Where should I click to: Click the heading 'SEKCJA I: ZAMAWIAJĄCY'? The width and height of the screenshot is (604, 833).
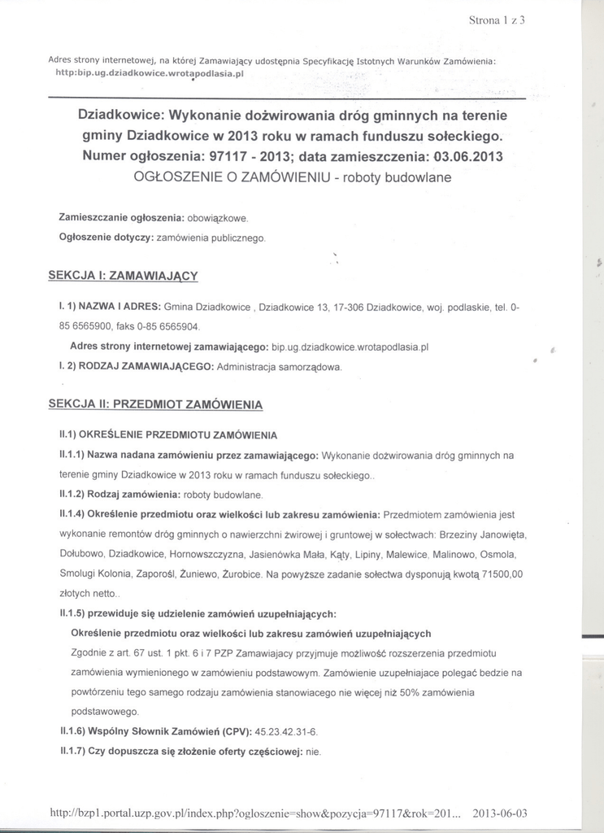(x=124, y=276)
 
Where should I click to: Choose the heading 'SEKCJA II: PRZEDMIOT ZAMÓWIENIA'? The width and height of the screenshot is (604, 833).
(x=155, y=403)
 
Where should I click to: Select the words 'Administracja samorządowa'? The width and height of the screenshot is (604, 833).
(x=280, y=367)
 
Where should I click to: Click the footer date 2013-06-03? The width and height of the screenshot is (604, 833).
(x=500, y=813)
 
